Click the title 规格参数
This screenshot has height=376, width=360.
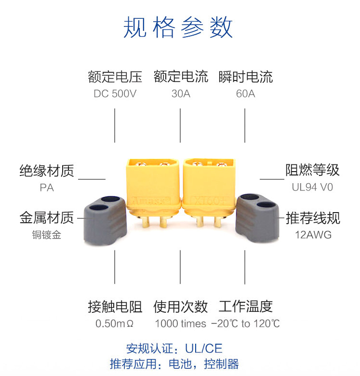[x=178, y=27]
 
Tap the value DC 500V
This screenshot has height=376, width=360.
[x=115, y=94]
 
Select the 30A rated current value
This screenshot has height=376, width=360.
[x=181, y=94]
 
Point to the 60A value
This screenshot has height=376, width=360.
[x=245, y=94]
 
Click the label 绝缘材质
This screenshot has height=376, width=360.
[x=47, y=171]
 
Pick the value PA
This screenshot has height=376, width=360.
[x=47, y=188]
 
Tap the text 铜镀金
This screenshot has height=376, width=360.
[x=47, y=235]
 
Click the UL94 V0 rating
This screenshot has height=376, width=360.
[x=312, y=187]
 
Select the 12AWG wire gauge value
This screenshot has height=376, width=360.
[x=313, y=235]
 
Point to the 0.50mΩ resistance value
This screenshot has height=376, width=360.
[x=115, y=323]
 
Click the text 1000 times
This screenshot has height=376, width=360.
[x=180, y=323]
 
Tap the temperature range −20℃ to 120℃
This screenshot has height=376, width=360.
[x=245, y=323]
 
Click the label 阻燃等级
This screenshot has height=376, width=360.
[x=312, y=170]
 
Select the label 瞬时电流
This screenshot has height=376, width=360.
[x=246, y=77]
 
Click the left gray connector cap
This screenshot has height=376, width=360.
[x=105, y=221]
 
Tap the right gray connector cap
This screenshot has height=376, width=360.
[x=257, y=218]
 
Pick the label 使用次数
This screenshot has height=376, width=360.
[x=180, y=307]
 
